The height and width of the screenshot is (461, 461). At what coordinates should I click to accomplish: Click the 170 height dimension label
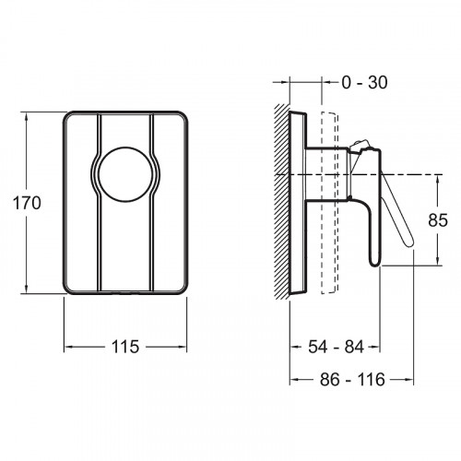coord(27,203)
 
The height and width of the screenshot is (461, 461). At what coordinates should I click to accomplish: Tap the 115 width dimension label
coord(125,347)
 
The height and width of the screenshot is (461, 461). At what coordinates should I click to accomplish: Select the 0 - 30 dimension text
coord(365,82)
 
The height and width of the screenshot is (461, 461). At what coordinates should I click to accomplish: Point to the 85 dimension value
coord(438,220)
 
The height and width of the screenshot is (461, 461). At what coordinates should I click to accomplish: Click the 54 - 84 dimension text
coord(336,347)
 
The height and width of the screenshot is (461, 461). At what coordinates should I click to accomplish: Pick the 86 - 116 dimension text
coord(352,380)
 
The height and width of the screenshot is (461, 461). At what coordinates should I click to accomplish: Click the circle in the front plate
coord(125,174)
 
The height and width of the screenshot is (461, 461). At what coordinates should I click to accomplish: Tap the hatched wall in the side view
coord(282,202)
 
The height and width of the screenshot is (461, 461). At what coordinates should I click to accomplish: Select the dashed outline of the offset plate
coord(329,203)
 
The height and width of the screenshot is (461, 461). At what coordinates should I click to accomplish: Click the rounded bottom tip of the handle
coord(375,264)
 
